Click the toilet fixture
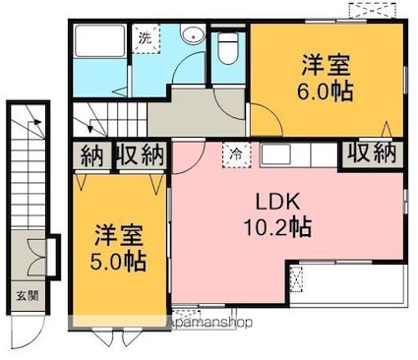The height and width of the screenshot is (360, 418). point(228,48)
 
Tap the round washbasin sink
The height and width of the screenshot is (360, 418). point(193,34)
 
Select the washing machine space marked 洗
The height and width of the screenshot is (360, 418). point(147,38)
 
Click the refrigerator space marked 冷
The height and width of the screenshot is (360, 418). point(236,154)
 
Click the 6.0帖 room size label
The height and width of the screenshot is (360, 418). point(325,91)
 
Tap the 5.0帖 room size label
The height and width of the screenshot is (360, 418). point(118,261)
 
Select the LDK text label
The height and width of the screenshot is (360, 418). point(277,202)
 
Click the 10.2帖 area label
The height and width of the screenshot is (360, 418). point(277,227)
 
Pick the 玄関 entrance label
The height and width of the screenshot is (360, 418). point(28,296)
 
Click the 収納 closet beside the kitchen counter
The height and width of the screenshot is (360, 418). point(372,153)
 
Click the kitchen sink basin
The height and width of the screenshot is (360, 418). point(275,153)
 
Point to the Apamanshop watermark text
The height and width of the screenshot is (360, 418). point(209,323)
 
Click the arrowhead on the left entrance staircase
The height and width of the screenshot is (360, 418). point(37,122)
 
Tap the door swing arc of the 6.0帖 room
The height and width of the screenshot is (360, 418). point(267,119)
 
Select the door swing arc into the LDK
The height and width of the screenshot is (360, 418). point(189,157)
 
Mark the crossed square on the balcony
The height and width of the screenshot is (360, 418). point(297,279)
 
